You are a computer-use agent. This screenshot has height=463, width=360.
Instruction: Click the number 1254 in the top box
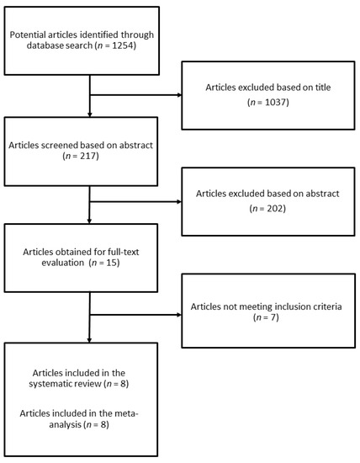click(x=124, y=45)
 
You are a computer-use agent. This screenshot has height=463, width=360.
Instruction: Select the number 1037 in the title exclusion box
click(x=276, y=102)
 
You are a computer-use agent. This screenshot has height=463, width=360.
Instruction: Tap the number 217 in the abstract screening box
click(x=88, y=156)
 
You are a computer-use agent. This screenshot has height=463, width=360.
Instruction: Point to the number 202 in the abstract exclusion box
click(x=275, y=209)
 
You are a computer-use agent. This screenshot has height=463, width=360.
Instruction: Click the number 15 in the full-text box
click(x=112, y=263)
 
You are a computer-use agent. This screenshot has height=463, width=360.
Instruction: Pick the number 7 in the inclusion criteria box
click(x=274, y=317)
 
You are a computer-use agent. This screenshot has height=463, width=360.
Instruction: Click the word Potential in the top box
click(x=28, y=35)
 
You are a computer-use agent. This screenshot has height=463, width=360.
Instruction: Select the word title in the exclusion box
click(x=323, y=88)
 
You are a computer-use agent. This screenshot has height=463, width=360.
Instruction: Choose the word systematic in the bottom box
click(x=49, y=384)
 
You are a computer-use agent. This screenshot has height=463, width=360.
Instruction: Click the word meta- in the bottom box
click(x=126, y=413)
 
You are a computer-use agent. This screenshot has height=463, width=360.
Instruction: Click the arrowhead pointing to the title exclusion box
click(x=179, y=95)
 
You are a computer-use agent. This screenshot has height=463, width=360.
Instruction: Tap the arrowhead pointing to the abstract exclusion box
click(x=179, y=202)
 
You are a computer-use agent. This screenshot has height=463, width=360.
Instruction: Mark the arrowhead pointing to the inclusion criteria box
click(x=179, y=315)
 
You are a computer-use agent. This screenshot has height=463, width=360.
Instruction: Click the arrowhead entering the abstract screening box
click(x=90, y=114)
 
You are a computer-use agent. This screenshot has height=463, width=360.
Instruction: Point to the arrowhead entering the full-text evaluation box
click(x=89, y=221)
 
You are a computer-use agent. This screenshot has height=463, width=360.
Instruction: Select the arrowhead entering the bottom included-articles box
click(x=89, y=340)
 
